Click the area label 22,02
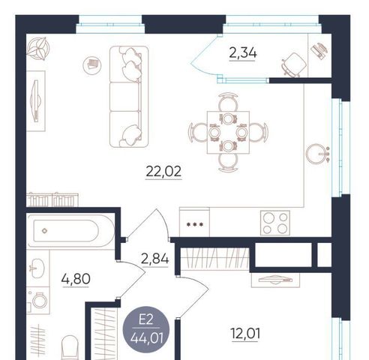(163, 172)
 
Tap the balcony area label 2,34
(243, 53)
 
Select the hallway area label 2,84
(154, 259)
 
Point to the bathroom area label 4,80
(76, 279)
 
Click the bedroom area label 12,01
(245, 334)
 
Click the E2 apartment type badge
(146, 329)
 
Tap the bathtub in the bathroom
(70, 231)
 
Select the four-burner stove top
(275, 223)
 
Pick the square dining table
(228, 133)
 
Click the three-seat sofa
(129, 97)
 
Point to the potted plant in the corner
(38, 49)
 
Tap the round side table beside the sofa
(92, 65)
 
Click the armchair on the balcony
(295, 64)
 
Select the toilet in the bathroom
(70, 347)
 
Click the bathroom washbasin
(37, 268)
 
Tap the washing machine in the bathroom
(38, 301)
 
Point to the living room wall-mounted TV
(36, 101)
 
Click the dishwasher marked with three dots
(194, 222)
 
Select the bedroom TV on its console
(275, 280)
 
